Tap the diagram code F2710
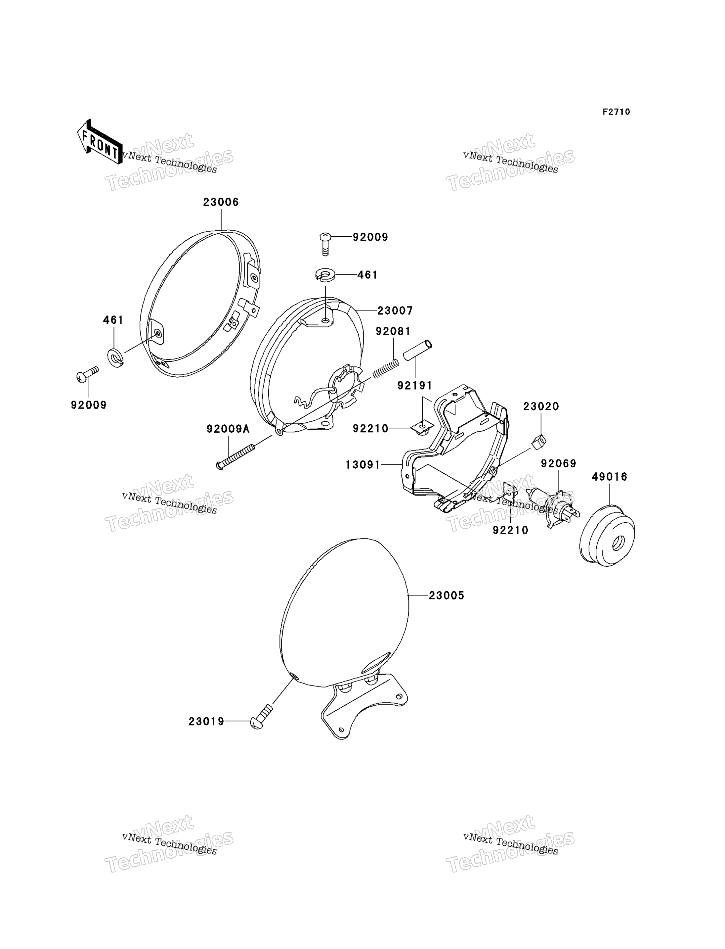point(616,112)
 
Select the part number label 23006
point(221,202)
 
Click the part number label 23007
point(395,310)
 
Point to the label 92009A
point(228,429)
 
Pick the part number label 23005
point(447,596)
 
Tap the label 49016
point(609,477)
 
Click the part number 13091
point(363,465)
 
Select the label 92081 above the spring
point(393,331)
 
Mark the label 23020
point(541,406)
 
